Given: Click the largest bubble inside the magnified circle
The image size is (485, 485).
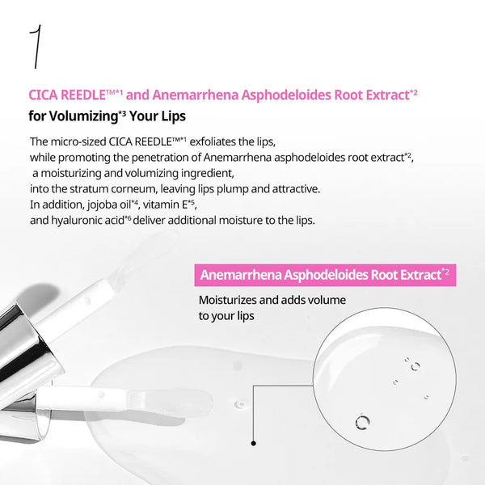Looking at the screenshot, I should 361,421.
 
